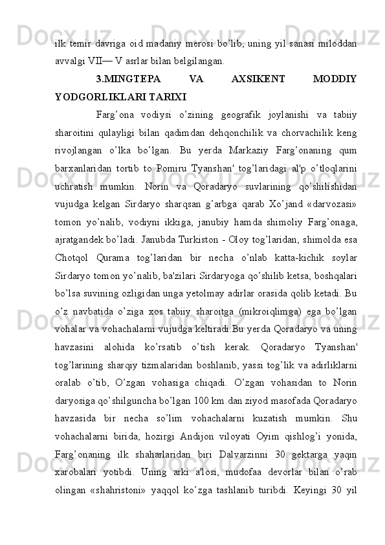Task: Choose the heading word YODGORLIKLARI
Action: point(93,99)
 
